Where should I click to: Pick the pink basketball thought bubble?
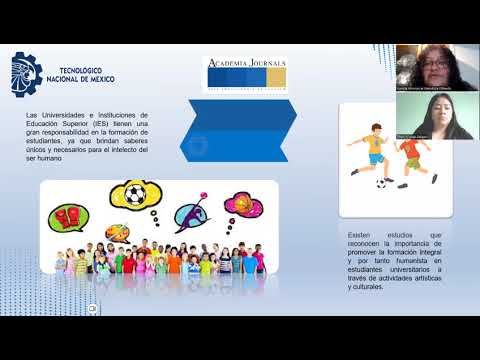pos(243,207)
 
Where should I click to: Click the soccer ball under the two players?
pos(381,184)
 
